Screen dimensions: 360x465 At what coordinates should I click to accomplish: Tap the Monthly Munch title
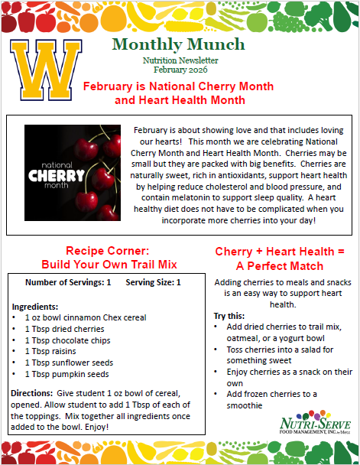click(178, 44)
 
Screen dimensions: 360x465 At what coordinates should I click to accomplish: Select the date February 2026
click(180, 69)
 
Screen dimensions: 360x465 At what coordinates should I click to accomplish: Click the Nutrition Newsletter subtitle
click(180, 60)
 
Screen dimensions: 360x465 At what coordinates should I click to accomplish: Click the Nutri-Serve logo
click(313, 422)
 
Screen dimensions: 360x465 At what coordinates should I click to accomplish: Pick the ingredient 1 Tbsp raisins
click(50, 351)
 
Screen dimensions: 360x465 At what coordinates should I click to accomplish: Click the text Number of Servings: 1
click(67, 282)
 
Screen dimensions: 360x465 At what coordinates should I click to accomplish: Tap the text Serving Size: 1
click(154, 282)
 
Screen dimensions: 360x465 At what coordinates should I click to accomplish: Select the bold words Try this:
click(225, 315)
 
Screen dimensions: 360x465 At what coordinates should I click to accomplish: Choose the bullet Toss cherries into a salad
click(278, 355)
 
